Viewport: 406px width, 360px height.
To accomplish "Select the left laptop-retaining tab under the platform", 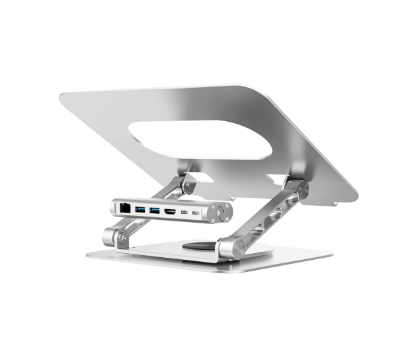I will [189, 177].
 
